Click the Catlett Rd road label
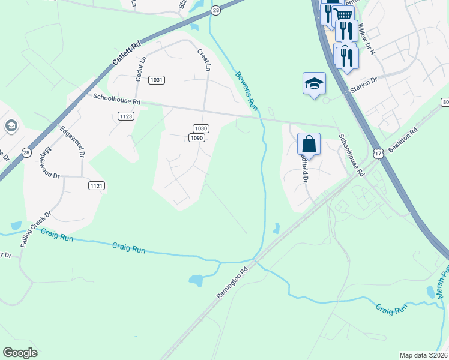point(125,53)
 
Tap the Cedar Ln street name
point(142,68)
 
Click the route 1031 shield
point(157,80)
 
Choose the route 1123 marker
point(126,116)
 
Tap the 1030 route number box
point(201,128)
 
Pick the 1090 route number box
point(197,137)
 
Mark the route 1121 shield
point(97,186)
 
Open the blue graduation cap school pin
point(314,83)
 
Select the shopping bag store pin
point(309,144)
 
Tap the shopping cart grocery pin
point(343,15)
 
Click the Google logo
point(20,353)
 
